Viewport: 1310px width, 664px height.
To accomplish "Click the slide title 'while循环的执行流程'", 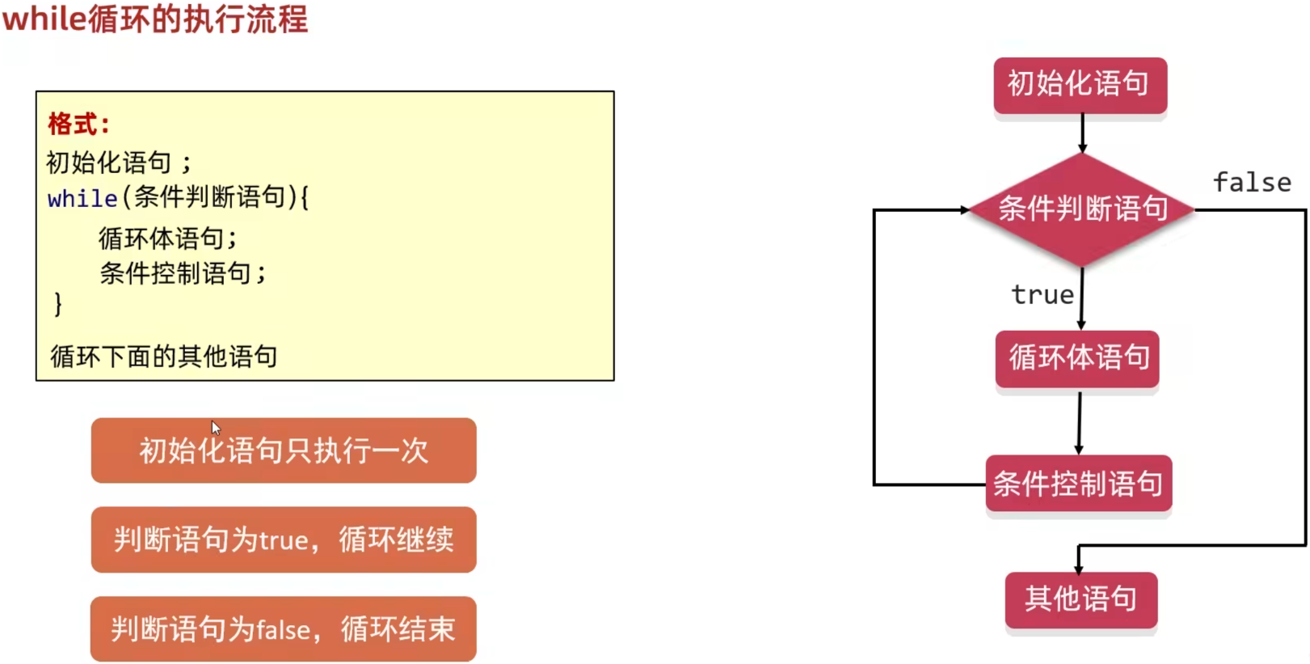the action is click(155, 19).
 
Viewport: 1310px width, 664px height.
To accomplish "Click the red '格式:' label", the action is click(78, 125).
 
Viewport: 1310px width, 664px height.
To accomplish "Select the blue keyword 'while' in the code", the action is click(82, 198).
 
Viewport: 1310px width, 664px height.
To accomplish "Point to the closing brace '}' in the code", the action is click(57, 305).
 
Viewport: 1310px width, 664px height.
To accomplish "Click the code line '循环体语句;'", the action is click(168, 239).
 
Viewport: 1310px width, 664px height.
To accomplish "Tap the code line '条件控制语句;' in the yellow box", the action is click(183, 273).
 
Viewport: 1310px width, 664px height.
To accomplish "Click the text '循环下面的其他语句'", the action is click(164, 356).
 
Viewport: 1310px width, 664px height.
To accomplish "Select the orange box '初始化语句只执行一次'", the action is click(284, 450).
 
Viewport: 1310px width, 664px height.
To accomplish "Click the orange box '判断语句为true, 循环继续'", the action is click(284, 539).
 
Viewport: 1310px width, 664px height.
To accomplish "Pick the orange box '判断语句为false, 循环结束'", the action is click(284, 629).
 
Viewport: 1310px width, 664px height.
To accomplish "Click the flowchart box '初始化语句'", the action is click(1080, 84).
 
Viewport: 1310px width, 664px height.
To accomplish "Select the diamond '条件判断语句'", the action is click(1081, 209).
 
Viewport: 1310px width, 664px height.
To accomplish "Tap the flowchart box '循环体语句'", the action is click(1077, 357).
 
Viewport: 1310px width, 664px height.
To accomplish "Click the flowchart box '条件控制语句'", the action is click(1078, 484).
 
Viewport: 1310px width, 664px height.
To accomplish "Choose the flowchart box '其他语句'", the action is click(1080, 599).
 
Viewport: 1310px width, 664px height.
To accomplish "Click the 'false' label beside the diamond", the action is click(1252, 183).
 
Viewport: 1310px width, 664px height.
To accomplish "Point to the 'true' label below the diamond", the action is click(1043, 294).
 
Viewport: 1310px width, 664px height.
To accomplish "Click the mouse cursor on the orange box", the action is click(216, 428).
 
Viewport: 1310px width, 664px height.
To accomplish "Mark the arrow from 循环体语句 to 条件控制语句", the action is click(1079, 423).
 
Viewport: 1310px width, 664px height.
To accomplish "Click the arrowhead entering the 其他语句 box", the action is click(1079, 569).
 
